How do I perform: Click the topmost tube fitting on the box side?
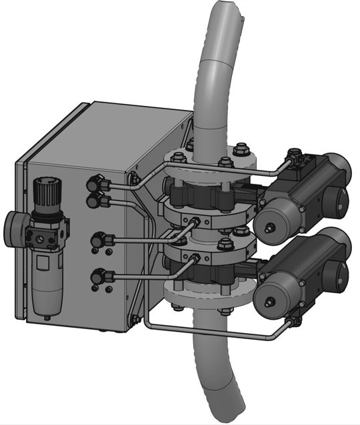click(95, 181)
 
